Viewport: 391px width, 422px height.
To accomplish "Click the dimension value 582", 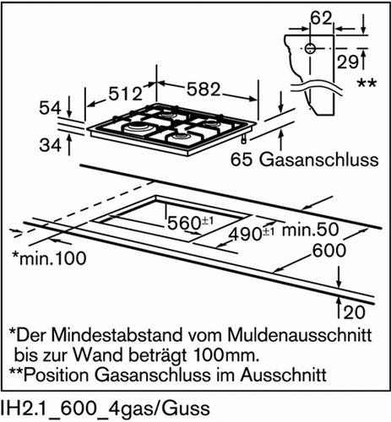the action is coord(204,89).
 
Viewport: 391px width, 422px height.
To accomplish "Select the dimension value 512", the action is coord(126,94).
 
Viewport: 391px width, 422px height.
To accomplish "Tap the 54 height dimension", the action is coord(50,108).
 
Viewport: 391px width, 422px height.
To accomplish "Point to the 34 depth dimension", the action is coord(50,145).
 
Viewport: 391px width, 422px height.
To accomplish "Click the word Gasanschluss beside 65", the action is coord(318,160).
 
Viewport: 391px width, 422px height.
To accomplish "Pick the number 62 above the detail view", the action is coord(321,19).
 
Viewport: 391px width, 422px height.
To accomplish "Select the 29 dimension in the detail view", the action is coord(348,62).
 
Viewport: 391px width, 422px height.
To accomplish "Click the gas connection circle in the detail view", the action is coord(310,48).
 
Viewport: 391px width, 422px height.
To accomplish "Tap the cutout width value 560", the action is coord(184,224).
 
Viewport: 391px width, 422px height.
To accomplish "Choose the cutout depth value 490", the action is coord(245,234).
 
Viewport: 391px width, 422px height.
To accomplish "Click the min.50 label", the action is coord(311,230).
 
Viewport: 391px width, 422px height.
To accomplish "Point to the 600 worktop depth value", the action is coord(329,251).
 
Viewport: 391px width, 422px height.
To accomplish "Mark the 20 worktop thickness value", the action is coord(354,312).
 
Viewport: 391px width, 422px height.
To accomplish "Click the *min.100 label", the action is coord(49,258).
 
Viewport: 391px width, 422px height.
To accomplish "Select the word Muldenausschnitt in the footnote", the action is coord(300,335).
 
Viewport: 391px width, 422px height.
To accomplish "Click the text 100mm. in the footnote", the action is coord(226,355).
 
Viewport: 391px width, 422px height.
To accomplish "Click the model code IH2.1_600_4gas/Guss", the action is coord(106,408).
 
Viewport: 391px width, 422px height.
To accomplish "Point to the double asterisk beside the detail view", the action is coord(367,84).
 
